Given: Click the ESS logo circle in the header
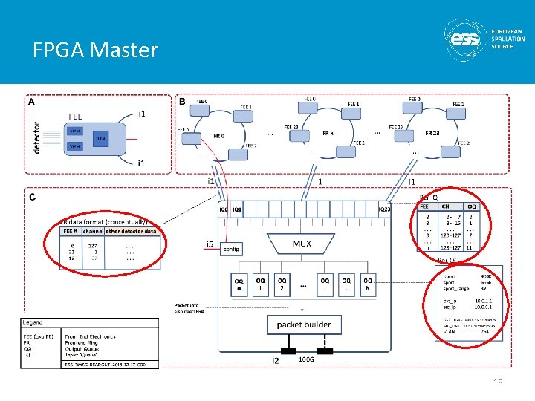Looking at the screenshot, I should [466, 39].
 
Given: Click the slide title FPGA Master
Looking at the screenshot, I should [95, 50].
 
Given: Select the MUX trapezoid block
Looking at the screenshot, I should [302, 244].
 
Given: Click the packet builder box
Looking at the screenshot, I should [304, 325].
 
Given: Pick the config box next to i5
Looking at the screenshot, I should [231, 250].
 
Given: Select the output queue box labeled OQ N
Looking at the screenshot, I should [368, 284].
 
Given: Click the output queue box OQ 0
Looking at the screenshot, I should [239, 284].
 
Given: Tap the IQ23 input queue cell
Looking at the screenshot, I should [383, 210].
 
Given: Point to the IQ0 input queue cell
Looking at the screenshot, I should [224, 210].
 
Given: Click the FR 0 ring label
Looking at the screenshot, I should [218, 137].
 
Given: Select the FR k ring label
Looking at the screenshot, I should [328, 132].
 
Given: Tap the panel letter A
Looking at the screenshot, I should [31, 102].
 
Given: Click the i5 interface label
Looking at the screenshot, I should [210, 244].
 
